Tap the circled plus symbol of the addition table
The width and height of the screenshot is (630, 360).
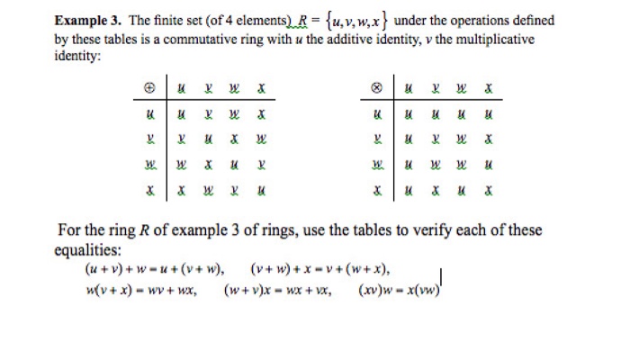pos(149,89)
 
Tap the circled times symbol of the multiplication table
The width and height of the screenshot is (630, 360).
pos(378,89)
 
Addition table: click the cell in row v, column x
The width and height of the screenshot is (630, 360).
pos(261,140)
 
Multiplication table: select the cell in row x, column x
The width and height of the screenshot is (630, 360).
pos(489,192)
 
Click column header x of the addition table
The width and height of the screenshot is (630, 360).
pos(261,89)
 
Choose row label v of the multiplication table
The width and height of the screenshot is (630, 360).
pos(378,140)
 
